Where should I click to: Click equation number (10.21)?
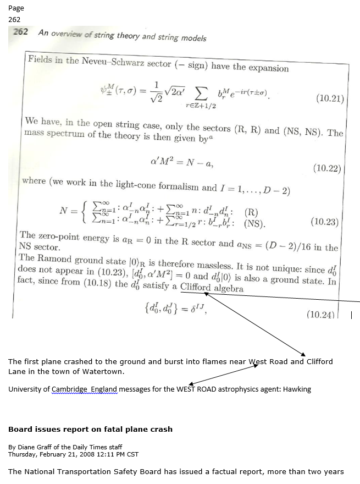pos(330,100)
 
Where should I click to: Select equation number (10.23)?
pos(325,222)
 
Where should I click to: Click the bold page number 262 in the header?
pos(20,32)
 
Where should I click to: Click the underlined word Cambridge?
pos(70,389)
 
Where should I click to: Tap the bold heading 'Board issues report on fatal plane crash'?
pos(90,429)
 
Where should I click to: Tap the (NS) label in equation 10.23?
pos(254,223)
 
